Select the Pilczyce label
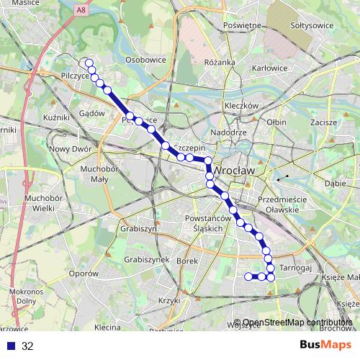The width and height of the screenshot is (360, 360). [76, 75]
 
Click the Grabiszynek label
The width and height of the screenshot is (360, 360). [146, 259]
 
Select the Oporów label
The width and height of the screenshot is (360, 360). [84, 274]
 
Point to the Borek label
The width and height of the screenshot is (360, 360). [186, 260]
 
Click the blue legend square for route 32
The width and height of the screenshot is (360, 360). [9, 346]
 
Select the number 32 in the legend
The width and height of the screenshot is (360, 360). [27, 346]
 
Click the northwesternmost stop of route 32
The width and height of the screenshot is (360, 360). [89, 63]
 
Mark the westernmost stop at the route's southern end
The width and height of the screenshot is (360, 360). [248, 276]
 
